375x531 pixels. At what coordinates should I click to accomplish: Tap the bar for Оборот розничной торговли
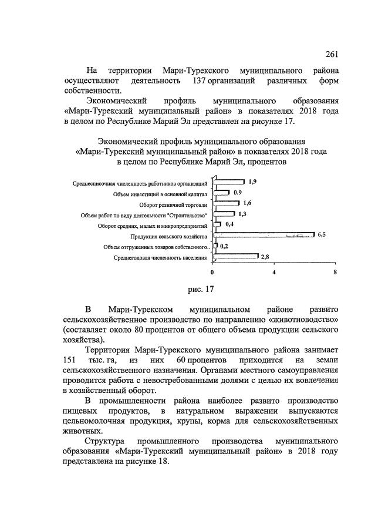(x=226, y=203)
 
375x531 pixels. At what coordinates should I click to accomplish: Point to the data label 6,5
(x=322, y=235)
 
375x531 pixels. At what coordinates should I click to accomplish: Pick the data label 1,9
(x=252, y=182)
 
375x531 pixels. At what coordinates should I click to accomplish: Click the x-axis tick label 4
(x=273, y=273)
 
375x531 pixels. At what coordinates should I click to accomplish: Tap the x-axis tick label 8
(x=335, y=273)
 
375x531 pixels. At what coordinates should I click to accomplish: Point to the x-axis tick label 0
(x=212, y=273)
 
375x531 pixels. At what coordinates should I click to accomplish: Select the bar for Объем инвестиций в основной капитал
(x=221, y=193)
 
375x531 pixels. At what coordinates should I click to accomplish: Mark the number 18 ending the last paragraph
(x=163, y=461)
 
